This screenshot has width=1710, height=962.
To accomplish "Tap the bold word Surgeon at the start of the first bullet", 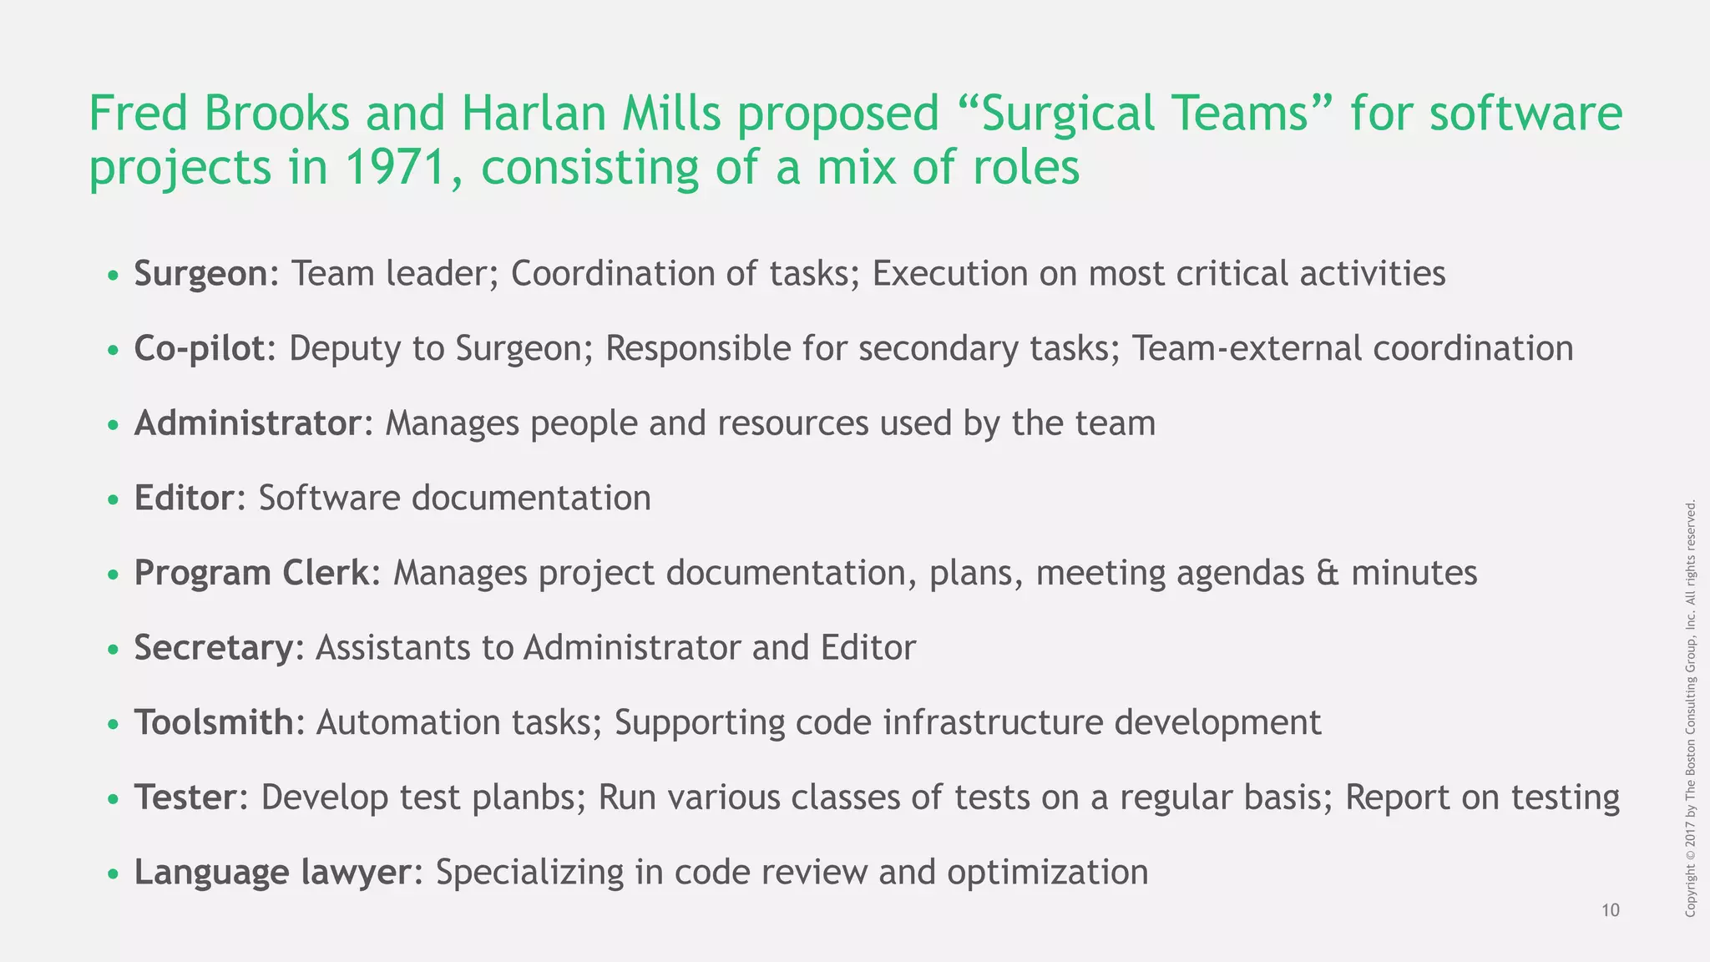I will tap(200, 274).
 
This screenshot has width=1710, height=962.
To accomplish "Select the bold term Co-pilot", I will tap(200, 348).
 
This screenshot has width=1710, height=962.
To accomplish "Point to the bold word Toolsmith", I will tap(215, 722).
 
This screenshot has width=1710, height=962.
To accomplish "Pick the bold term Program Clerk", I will tap(251, 573).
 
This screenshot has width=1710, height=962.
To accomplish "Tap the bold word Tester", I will tap(185, 797).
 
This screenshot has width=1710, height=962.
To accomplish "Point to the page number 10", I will tap(1611, 910).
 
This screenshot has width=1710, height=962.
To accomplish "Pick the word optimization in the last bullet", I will tap(1047, 873).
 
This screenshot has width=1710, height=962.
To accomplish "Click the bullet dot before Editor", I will tap(114, 500).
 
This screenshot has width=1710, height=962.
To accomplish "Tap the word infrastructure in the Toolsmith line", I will tap(993, 722).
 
